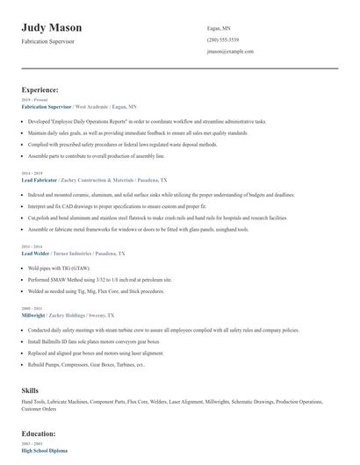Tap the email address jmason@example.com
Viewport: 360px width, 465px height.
click(x=230, y=52)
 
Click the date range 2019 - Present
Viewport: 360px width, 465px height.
click(x=32, y=99)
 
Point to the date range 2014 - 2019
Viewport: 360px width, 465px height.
click(x=31, y=173)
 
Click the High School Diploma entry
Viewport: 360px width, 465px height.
click(x=45, y=450)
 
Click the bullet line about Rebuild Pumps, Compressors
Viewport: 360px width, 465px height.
click(x=85, y=364)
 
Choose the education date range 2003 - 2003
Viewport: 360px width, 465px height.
click(x=31, y=444)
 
